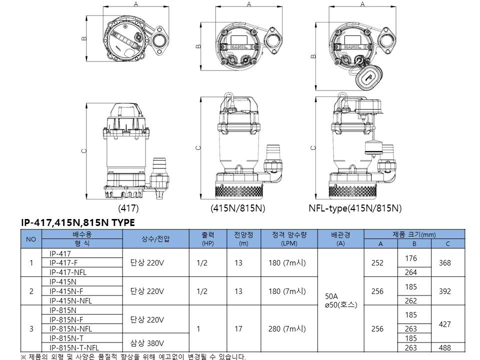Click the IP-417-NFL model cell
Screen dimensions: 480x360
(x=68, y=272)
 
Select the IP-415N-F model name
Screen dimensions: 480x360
(x=66, y=291)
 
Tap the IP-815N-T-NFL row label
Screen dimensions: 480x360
(x=74, y=348)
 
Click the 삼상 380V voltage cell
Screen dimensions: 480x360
(x=147, y=343)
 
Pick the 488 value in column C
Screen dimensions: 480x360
(x=445, y=348)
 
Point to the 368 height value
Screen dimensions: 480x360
(x=445, y=262)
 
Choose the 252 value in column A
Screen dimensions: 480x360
(x=377, y=262)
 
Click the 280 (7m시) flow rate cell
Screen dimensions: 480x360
(x=287, y=329)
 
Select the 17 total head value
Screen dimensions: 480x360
(x=238, y=329)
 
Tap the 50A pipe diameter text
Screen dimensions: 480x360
(x=331, y=296)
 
